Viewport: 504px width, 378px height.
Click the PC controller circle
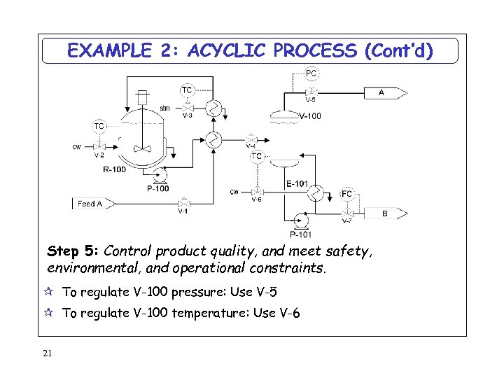(x=311, y=73)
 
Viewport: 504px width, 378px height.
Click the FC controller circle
(x=347, y=194)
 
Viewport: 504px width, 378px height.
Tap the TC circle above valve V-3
(x=187, y=90)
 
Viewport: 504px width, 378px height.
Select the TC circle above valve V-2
(x=99, y=126)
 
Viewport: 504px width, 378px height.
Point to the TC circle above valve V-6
(x=257, y=156)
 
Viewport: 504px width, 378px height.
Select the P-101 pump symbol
(x=301, y=221)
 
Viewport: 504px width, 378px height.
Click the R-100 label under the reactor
(x=114, y=169)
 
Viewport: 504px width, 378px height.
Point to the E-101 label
(x=297, y=184)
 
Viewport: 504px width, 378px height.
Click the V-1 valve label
(x=182, y=211)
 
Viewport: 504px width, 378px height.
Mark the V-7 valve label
(x=346, y=221)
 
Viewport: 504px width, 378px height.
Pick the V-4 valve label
(x=250, y=146)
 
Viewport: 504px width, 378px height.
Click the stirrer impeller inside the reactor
(x=143, y=148)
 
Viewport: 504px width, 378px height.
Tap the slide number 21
(x=47, y=353)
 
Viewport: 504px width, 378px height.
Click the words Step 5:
(x=73, y=250)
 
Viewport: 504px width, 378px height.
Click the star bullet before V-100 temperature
(x=51, y=313)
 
